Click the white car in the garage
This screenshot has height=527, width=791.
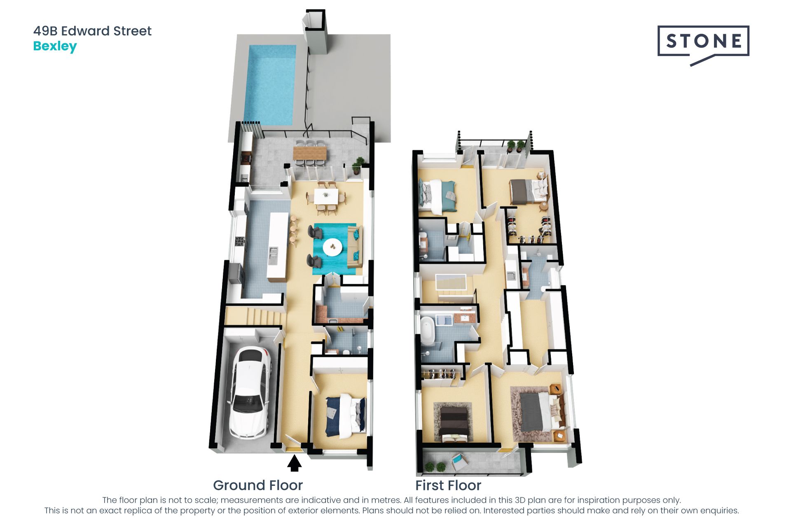[x=250, y=393]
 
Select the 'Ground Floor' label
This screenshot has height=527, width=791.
[x=258, y=485]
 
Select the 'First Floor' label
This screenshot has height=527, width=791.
[x=448, y=485]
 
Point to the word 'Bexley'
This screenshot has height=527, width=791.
[x=55, y=46]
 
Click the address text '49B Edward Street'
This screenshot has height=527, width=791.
[x=93, y=31]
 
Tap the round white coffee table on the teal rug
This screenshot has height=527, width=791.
[x=332, y=247]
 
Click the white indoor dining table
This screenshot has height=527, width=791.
[x=326, y=196]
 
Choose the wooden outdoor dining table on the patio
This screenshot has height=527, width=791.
[x=309, y=153]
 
